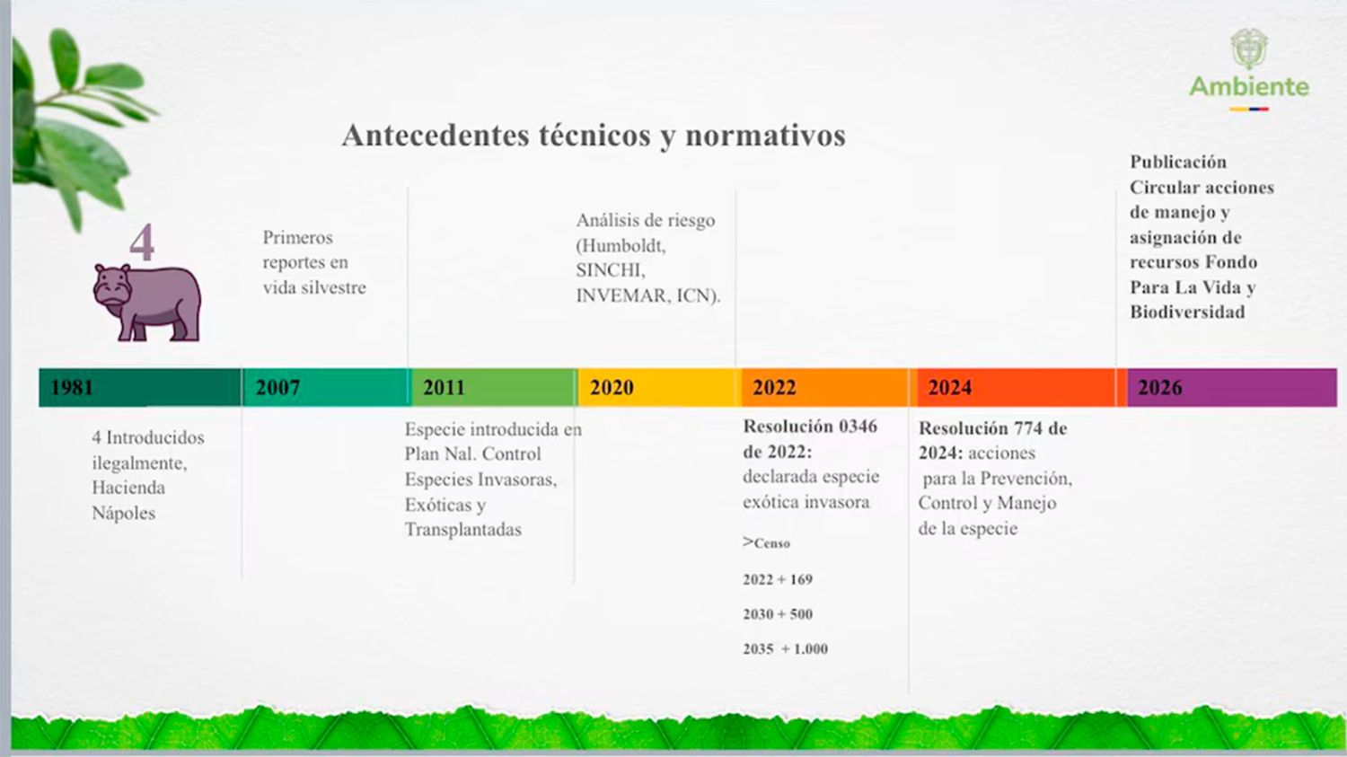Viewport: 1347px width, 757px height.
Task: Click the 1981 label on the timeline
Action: click(x=72, y=388)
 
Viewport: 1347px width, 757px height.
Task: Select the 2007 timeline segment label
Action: click(x=277, y=388)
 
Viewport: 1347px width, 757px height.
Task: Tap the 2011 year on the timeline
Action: click(x=444, y=388)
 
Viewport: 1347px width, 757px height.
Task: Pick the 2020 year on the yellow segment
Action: click(x=612, y=388)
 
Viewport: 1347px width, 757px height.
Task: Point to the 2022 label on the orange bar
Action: click(x=774, y=388)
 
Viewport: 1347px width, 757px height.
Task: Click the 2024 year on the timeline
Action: click(x=949, y=388)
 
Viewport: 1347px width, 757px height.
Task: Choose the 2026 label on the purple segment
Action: click(x=1159, y=388)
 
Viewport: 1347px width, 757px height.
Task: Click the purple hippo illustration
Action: click(x=148, y=303)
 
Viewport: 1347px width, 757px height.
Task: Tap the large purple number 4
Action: click(x=142, y=242)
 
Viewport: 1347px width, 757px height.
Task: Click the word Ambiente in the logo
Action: click(x=1249, y=87)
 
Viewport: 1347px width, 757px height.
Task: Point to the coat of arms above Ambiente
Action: click(x=1249, y=48)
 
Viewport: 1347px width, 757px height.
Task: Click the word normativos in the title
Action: click(x=765, y=136)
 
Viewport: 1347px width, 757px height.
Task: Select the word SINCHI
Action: click(x=611, y=270)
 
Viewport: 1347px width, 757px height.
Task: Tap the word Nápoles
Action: click(x=124, y=514)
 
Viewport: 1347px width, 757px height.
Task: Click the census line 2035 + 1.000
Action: click(x=785, y=649)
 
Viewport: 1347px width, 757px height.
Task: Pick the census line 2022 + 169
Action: click(x=778, y=580)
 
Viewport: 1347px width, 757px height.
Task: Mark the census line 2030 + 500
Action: click(x=778, y=614)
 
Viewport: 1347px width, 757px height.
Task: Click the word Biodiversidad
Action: click(x=1187, y=312)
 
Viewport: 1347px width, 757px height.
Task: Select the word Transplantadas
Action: click(x=462, y=530)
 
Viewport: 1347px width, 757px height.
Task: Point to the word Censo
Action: click(x=771, y=543)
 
